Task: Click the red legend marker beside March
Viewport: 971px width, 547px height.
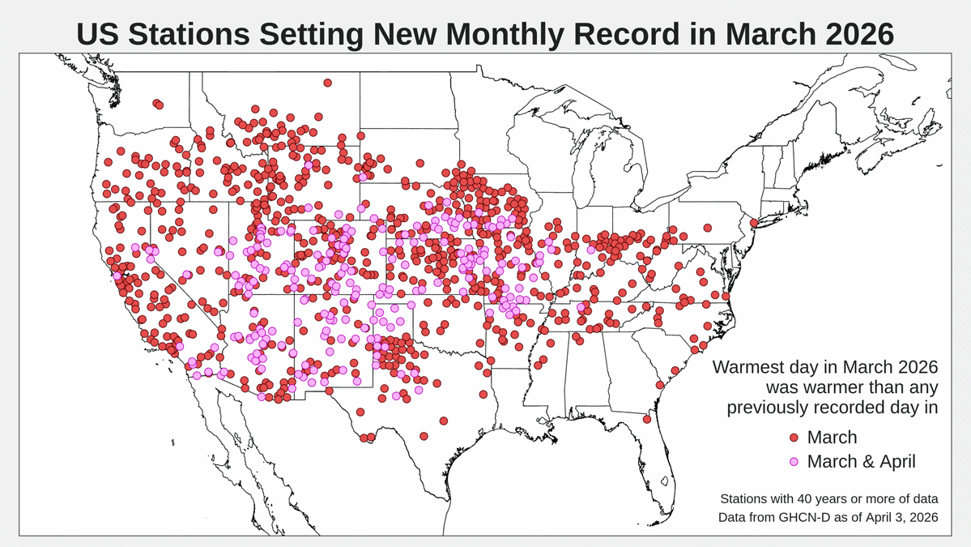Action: (x=794, y=438)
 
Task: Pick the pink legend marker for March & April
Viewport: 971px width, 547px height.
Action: (x=794, y=462)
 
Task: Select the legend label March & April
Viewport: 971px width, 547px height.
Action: (x=861, y=462)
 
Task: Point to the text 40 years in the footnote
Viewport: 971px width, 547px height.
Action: (x=810, y=498)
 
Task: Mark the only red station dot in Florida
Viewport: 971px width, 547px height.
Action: (x=647, y=419)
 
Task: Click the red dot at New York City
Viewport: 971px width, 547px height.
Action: (x=753, y=223)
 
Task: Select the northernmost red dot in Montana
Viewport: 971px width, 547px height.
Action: (x=327, y=83)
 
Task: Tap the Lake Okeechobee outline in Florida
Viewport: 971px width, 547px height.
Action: (x=663, y=481)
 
